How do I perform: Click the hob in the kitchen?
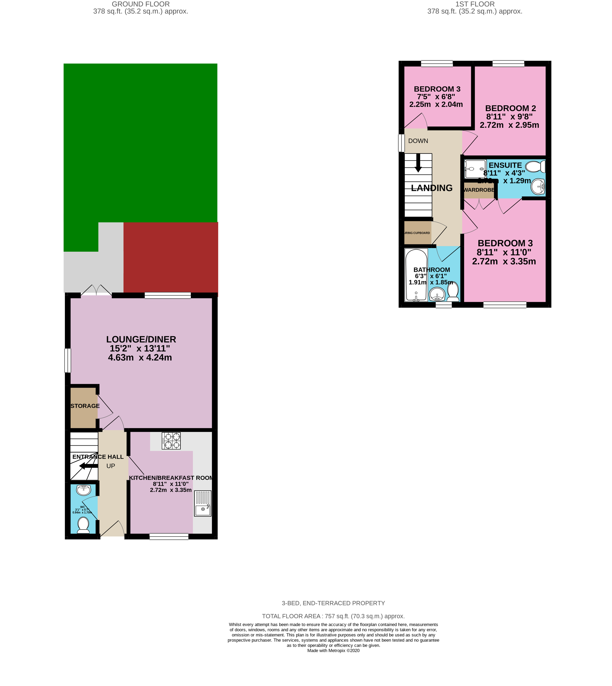(x=171, y=441)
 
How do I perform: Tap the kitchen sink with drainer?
(x=203, y=503)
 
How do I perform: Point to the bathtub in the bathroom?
(x=416, y=275)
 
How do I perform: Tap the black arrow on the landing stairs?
(x=418, y=163)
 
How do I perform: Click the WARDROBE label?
(x=479, y=190)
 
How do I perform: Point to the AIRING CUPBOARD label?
(x=417, y=233)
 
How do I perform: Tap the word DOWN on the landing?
(x=418, y=141)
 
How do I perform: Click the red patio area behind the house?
(x=171, y=257)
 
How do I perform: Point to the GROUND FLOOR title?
(x=141, y=4)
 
